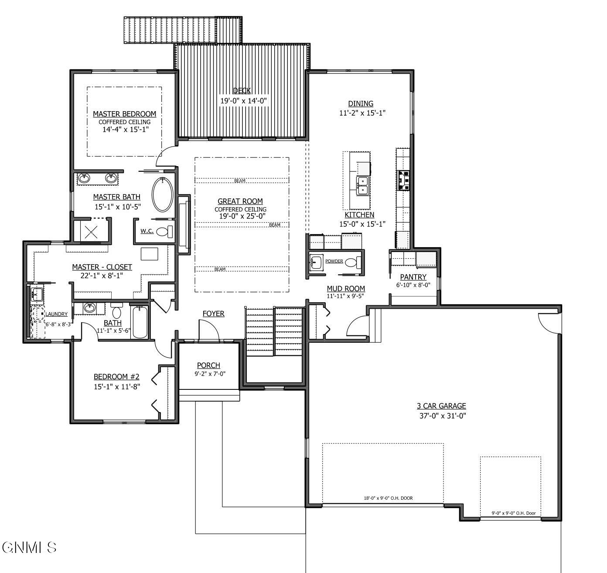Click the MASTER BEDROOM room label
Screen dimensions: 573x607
point(124,114)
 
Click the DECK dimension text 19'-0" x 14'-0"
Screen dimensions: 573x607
point(243,101)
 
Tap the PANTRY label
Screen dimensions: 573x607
point(413,277)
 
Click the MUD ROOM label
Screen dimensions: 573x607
point(346,288)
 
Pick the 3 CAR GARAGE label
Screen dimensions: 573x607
point(441,406)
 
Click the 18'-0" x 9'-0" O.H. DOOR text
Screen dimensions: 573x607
point(388,498)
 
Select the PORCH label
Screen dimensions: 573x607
point(208,365)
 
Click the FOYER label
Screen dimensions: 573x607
point(213,314)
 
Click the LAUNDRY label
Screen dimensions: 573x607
point(56,314)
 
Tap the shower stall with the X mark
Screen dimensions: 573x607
point(91,231)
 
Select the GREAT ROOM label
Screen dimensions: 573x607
point(240,201)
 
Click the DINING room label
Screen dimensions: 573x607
point(361,103)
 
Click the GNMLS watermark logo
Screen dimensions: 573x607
point(29,547)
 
